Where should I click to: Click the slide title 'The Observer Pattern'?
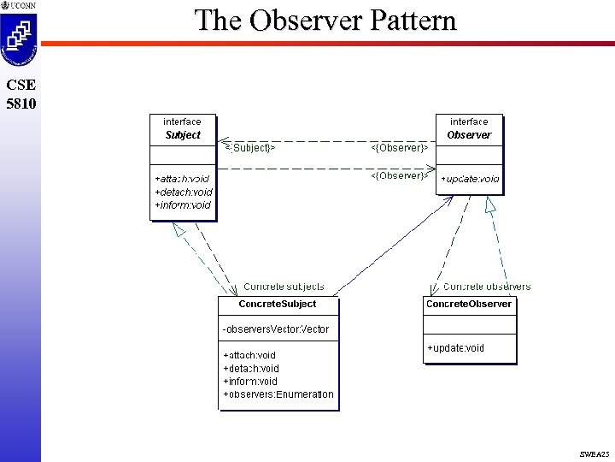(x=325, y=21)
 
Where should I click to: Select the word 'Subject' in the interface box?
(x=183, y=135)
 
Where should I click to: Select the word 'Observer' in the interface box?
(x=469, y=135)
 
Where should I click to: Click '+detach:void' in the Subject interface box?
(x=184, y=192)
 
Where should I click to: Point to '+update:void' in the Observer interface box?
(x=470, y=180)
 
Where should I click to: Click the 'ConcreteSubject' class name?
(x=278, y=304)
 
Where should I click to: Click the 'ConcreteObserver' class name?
(x=469, y=304)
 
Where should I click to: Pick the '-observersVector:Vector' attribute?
(x=275, y=329)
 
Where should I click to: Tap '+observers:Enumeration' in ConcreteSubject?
(x=278, y=394)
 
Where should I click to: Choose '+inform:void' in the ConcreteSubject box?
(x=250, y=382)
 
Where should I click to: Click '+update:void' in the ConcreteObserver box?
(x=455, y=348)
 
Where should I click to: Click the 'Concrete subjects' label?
(x=284, y=287)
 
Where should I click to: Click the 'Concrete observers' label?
(x=487, y=287)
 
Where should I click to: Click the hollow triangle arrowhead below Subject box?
(x=179, y=229)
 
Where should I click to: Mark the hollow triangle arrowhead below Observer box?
(x=489, y=204)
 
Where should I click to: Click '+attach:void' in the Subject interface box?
(x=182, y=179)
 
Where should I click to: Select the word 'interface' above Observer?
(x=469, y=122)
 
